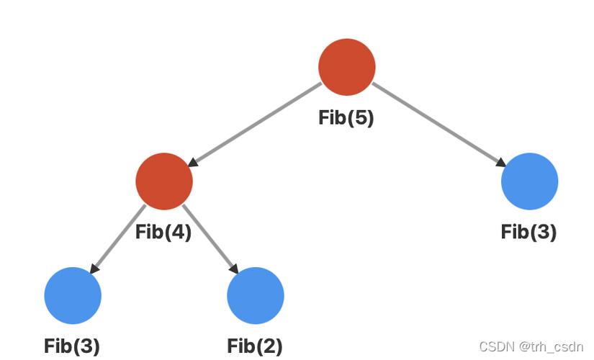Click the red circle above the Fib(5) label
(x=346, y=66)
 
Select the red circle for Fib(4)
(x=164, y=181)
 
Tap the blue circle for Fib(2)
(x=256, y=295)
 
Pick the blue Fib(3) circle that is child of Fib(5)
(x=529, y=181)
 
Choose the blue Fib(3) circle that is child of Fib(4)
(x=73, y=295)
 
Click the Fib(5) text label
(x=346, y=118)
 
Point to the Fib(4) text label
(x=163, y=233)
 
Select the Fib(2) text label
(x=255, y=346)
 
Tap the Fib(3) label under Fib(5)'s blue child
(x=528, y=232)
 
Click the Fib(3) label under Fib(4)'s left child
(x=72, y=346)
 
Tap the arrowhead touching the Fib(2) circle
(x=235, y=269)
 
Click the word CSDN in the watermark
(x=496, y=346)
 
